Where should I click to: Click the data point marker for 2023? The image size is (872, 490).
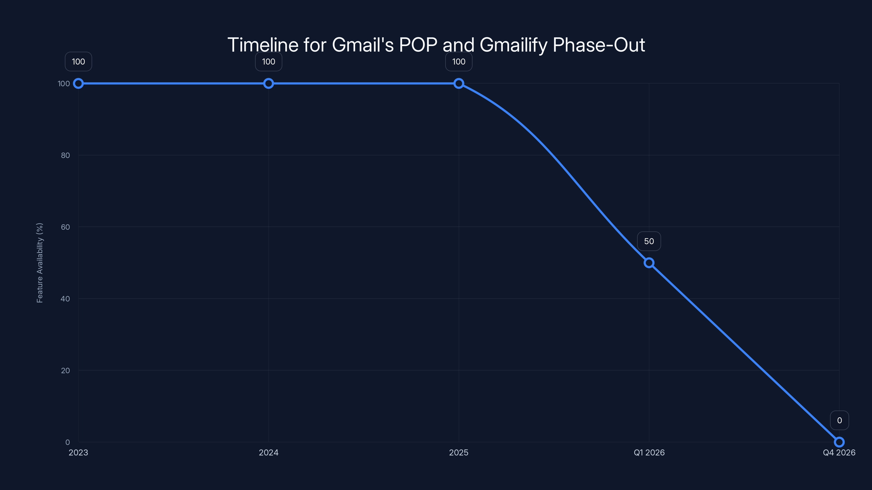point(78,84)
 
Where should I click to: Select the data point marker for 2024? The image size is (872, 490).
point(268,84)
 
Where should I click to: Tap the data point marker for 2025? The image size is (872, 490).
point(459,84)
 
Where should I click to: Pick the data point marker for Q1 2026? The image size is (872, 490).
point(649,263)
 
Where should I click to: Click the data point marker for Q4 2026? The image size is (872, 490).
point(839,442)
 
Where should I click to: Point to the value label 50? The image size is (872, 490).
point(649,241)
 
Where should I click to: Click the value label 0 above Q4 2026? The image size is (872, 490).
point(840,420)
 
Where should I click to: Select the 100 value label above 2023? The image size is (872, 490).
point(78,62)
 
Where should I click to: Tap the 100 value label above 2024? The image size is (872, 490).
point(268,62)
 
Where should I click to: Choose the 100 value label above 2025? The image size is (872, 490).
point(459,62)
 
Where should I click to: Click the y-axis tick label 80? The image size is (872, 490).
point(65,155)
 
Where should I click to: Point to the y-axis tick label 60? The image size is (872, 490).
point(65,227)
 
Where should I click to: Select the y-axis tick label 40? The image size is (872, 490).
point(65,299)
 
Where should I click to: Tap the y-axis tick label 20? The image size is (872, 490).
point(65,370)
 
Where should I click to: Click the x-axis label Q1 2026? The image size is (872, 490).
point(649,452)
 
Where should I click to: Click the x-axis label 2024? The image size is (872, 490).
point(268,452)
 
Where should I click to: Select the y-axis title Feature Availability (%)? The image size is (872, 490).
point(40,263)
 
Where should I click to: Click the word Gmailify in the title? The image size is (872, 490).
point(513,45)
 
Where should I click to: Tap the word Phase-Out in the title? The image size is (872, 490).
point(598,45)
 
